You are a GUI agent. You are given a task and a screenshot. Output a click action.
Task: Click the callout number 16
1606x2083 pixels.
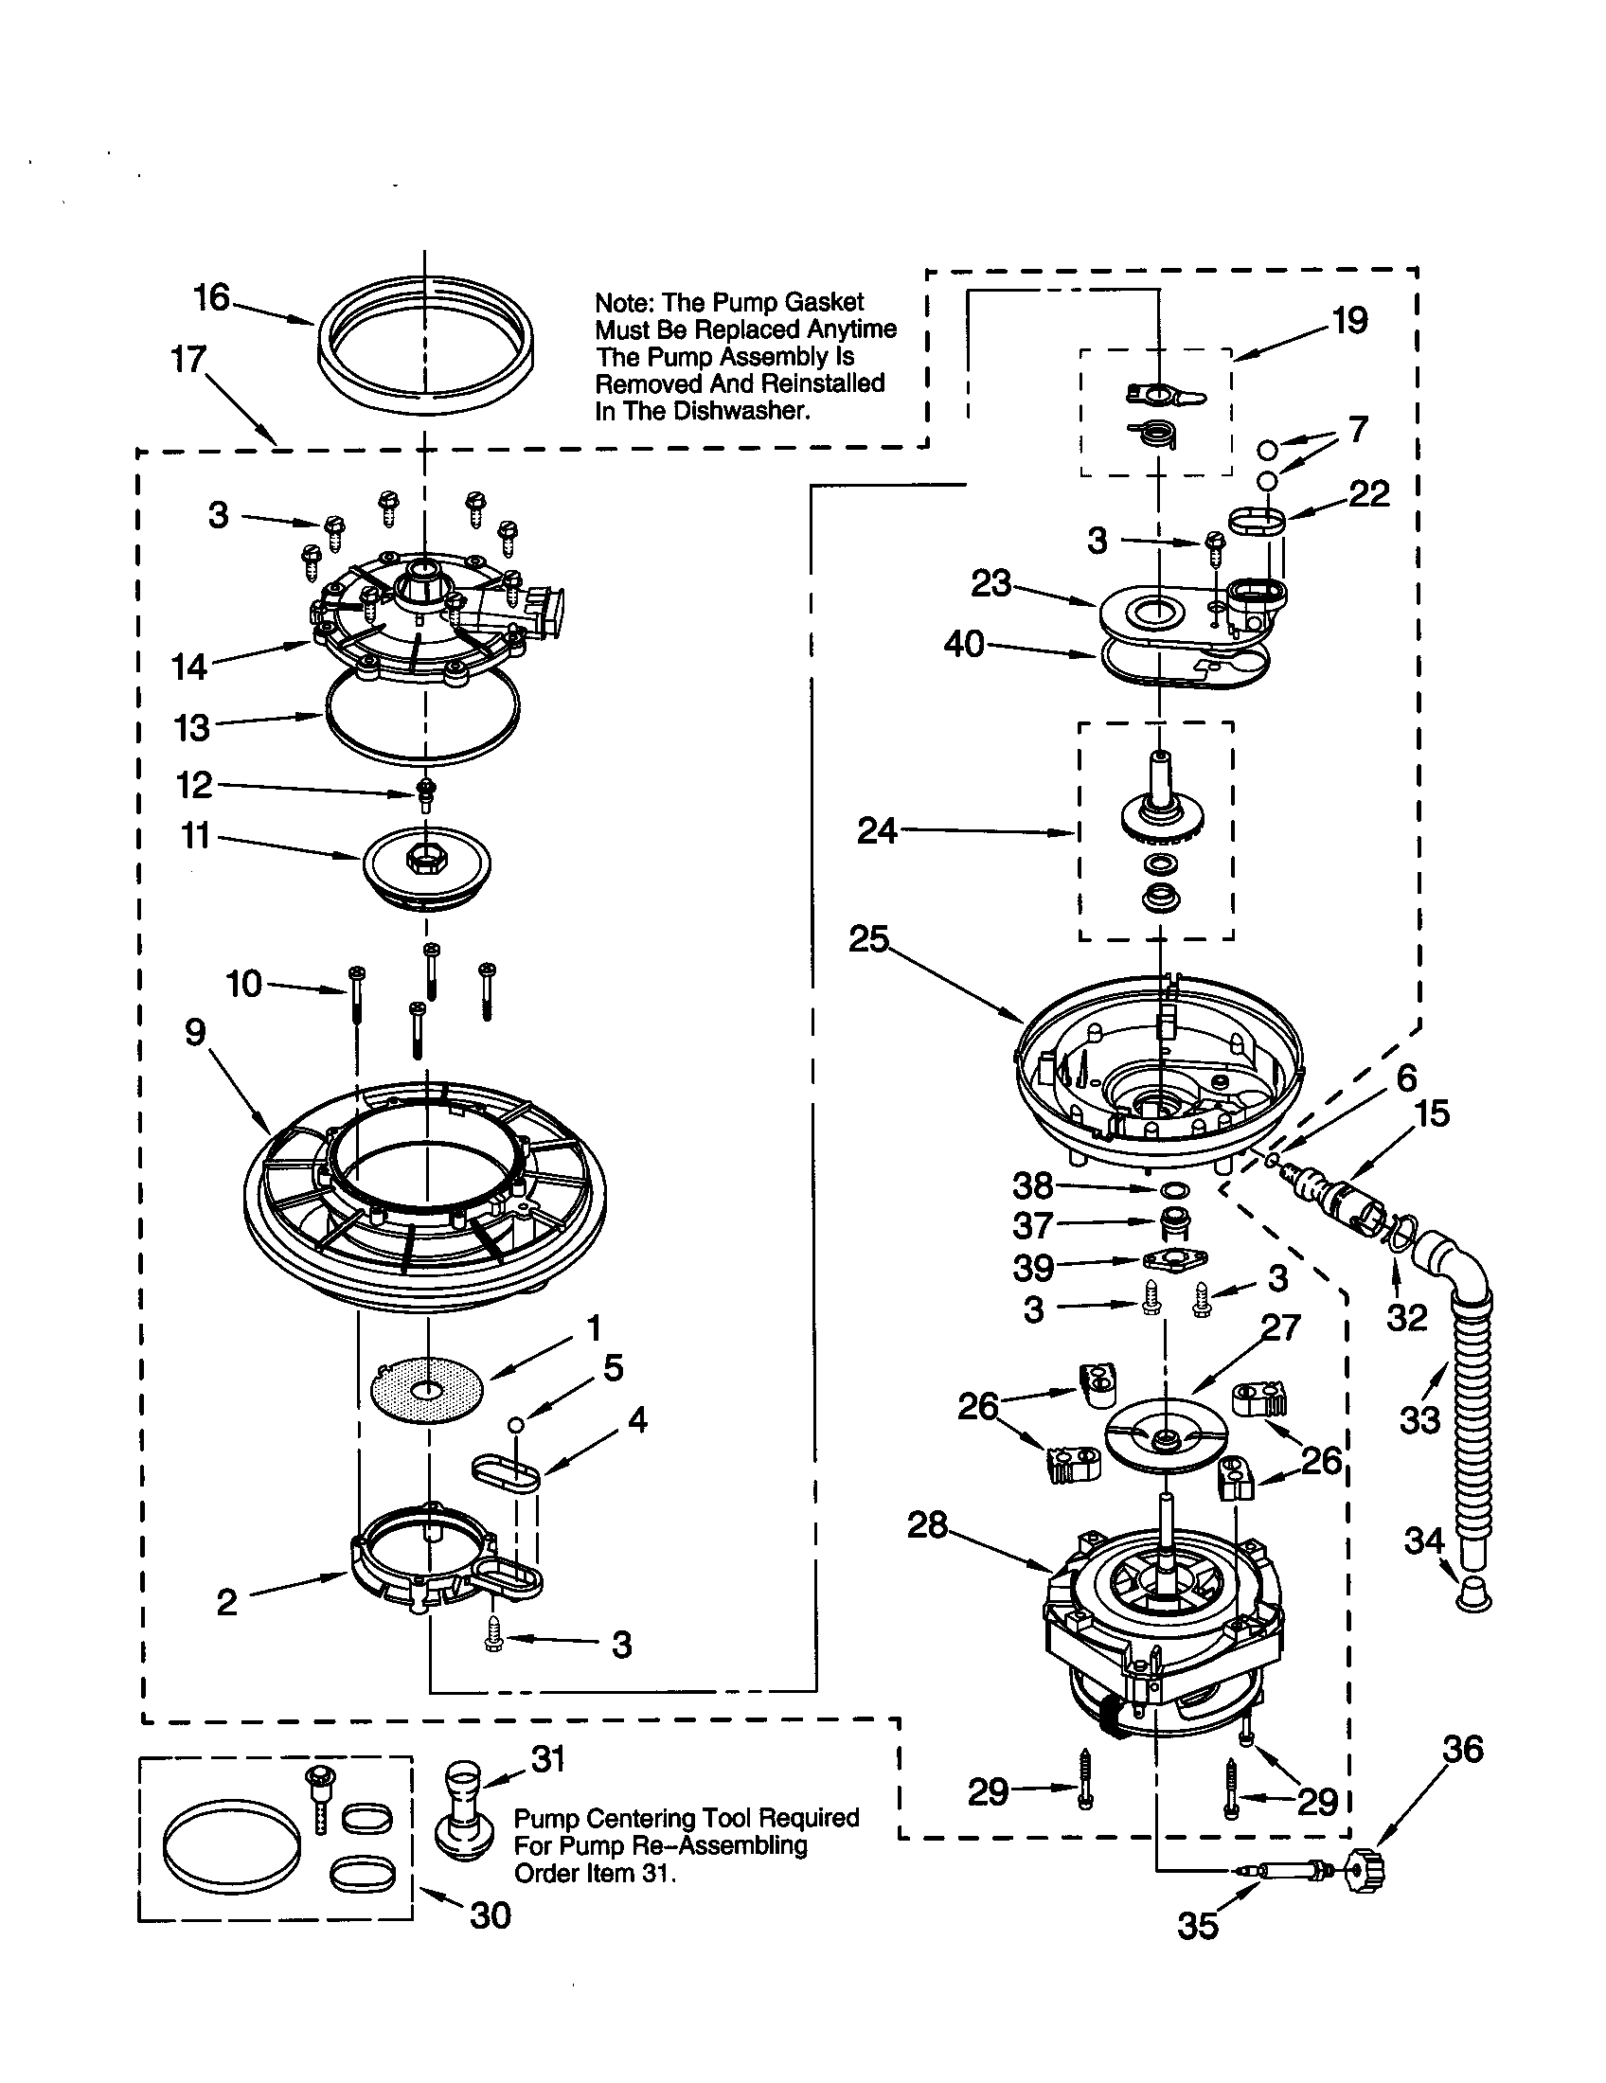pyautogui.click(x=212, y=298)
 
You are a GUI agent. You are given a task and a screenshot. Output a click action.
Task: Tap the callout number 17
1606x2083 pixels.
pyautogui.click(x=188, y=360)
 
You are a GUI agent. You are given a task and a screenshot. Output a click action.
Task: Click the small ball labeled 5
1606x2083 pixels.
pyautogui.click(x=516, y=1424)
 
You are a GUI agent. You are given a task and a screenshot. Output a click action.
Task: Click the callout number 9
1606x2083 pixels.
pyautogui.click(x=195, y=1031)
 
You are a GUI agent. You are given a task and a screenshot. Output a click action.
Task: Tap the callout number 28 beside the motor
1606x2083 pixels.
pyautogui.click(x=927, y=1525)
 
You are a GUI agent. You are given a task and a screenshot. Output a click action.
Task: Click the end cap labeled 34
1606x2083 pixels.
pyautogui.click(x=1474, y=1592)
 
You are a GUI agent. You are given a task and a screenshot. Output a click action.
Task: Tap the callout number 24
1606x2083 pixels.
pyautogui.click(x=877, y=830)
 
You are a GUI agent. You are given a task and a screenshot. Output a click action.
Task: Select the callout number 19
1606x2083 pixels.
pyautogui.click(x=1349, y=320)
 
